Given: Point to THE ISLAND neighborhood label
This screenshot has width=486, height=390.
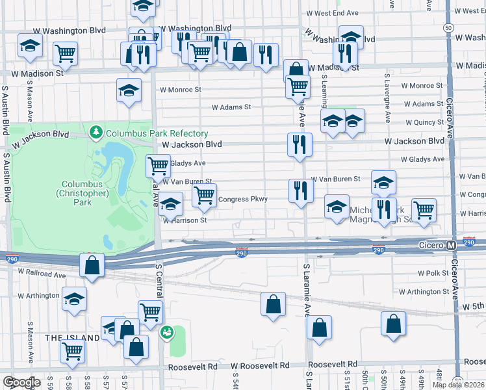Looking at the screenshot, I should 72,338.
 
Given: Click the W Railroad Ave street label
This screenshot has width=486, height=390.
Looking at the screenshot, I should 42,275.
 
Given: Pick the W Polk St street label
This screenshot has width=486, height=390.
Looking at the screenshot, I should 433,274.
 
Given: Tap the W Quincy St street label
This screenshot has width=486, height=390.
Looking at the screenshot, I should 423,122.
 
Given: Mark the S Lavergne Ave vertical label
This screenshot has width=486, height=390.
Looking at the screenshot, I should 387,97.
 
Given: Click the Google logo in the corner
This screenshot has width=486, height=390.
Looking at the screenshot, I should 21,382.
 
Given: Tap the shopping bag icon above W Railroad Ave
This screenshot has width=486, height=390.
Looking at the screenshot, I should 92,265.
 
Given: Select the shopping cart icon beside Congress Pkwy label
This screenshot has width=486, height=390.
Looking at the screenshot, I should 204,194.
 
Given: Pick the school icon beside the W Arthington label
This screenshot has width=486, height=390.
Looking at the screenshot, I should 75,299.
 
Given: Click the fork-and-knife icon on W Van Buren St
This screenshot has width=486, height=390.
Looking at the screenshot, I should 300,190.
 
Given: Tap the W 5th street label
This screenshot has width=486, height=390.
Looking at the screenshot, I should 473,305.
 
